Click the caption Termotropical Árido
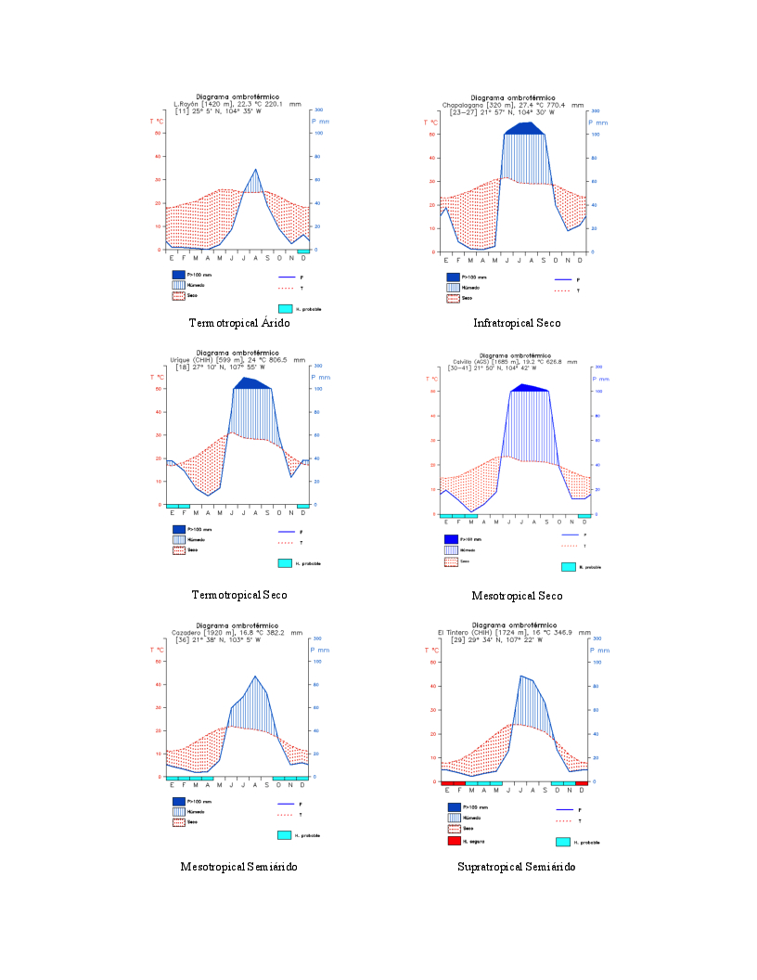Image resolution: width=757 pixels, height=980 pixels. [x=239, y=323]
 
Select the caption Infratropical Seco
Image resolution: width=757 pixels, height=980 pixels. [x=517, y=323]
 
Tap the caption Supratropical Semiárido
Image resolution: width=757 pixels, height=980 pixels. [x=516, y=867]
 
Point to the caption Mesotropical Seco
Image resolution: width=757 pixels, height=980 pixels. [x=517, y=596]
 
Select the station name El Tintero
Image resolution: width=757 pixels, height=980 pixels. [x=455, y=632]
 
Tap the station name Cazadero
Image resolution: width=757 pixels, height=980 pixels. [x=187, y=632]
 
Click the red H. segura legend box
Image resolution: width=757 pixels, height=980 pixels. [x=454, y=841]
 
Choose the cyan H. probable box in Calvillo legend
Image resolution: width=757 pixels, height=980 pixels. [x=568, y=567]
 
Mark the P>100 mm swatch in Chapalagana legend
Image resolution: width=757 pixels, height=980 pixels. [x=453, y=277]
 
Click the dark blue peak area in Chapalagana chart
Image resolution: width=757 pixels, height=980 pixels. [x=524, y=128]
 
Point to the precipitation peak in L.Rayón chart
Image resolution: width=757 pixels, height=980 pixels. [x=256, y=170]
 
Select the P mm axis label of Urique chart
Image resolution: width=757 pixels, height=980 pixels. [x=320, y=377]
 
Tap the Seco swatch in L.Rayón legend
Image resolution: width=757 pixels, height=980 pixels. [x=178, y=296]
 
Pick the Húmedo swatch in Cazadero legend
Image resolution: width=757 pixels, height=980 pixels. [x=178, y=811]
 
